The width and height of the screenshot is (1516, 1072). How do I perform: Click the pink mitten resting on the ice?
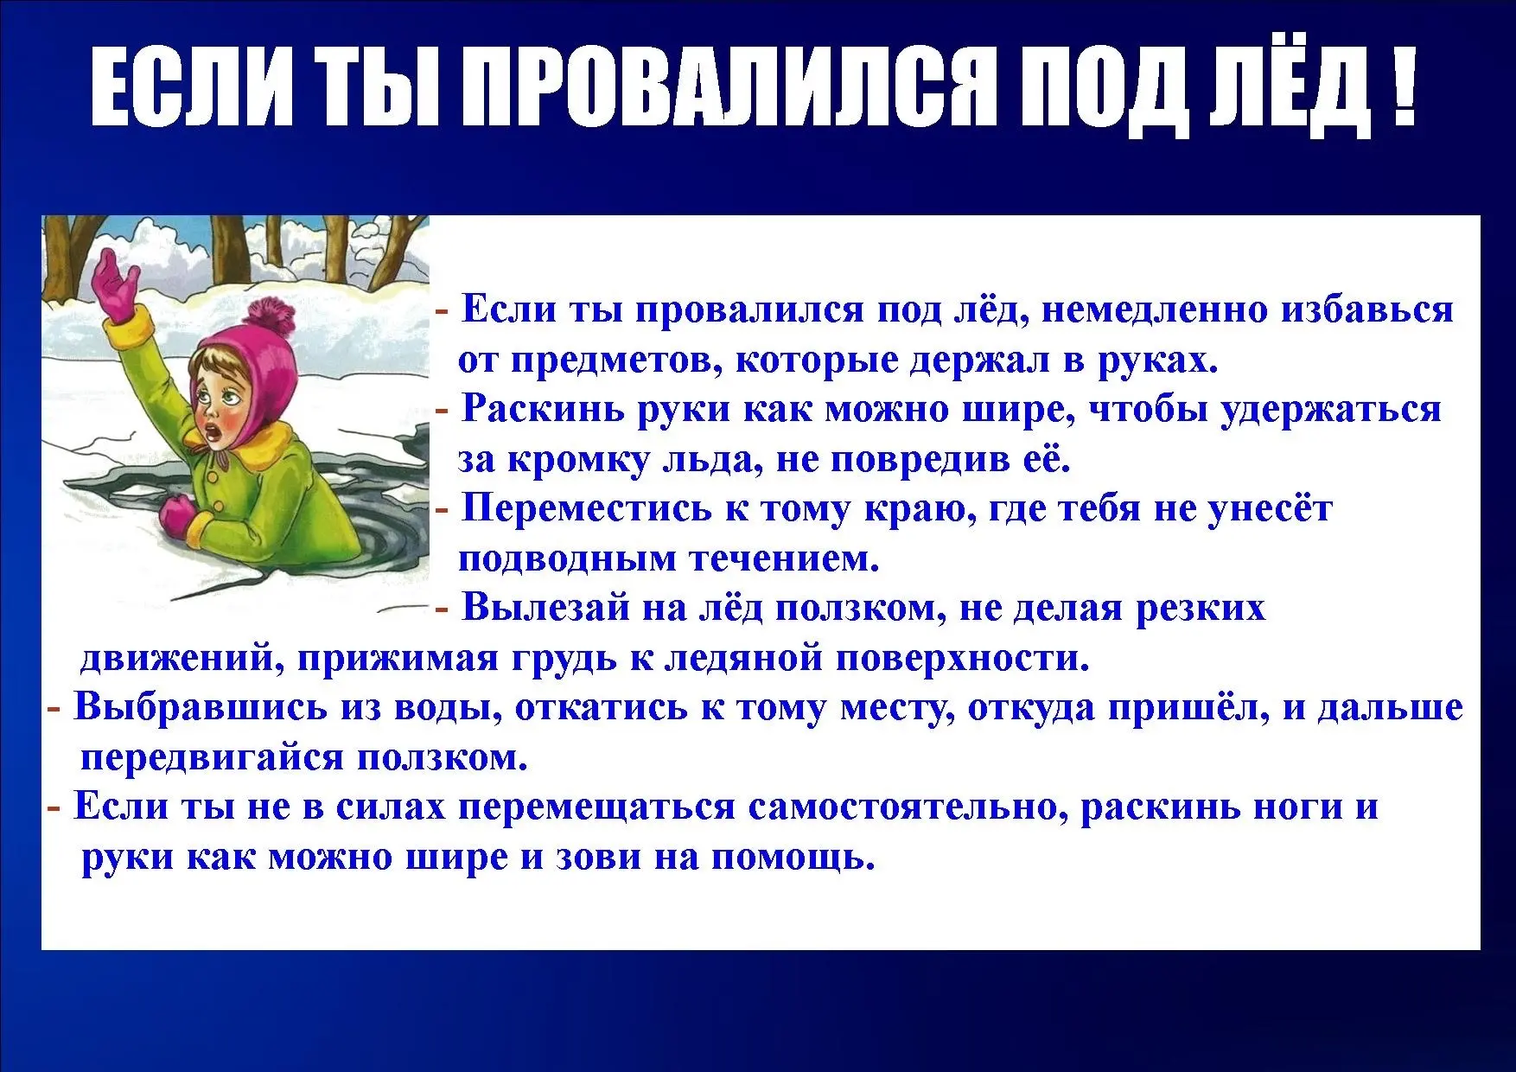pyautogui.click(x=178, y=515)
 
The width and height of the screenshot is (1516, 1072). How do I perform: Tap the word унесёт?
pyautogui.click(x=1269, y=508)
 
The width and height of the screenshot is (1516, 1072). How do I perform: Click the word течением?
pyautogui.click(x=785, y=559)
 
